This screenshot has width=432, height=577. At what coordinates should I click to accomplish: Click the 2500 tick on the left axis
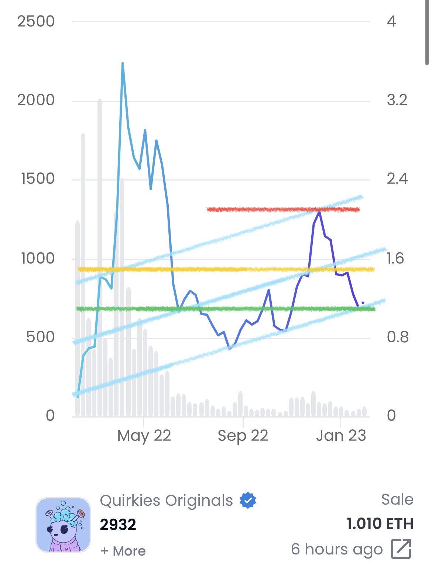(x=36, y=21)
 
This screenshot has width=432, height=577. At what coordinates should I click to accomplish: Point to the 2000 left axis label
(x=36, y=100)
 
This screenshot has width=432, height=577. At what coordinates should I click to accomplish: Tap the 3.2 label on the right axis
(x=397, y=100)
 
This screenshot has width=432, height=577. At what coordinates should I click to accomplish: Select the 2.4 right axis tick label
(x=397, y=179)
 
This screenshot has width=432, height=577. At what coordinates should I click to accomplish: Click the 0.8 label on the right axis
(x=397, y=337)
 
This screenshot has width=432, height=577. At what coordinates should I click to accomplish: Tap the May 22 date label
(x=144, y=436)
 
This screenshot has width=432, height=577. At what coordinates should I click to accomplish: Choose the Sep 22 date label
(x=243, y=436)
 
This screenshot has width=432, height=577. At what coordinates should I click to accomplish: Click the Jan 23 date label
(x=341, y=436)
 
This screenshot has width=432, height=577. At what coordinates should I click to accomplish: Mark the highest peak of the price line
(x=123, y=63)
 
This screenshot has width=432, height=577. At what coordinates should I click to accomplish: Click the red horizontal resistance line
(x=258, y=210)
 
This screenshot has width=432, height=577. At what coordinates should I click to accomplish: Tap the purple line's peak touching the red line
(x=319, y=211)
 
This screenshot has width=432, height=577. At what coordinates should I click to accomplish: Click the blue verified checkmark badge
(x=248, y=501)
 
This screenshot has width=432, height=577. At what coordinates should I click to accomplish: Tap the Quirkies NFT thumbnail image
(x=63, y=525)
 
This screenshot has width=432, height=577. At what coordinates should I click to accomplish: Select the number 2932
(x=118, y=525)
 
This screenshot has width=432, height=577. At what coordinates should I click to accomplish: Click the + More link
(x=123, y=551)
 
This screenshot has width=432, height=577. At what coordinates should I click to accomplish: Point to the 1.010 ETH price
(x=380, y=524)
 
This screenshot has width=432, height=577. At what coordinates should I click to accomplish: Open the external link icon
(x=401, y=549)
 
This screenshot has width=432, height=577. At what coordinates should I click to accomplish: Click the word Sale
(x=397, y=499)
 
